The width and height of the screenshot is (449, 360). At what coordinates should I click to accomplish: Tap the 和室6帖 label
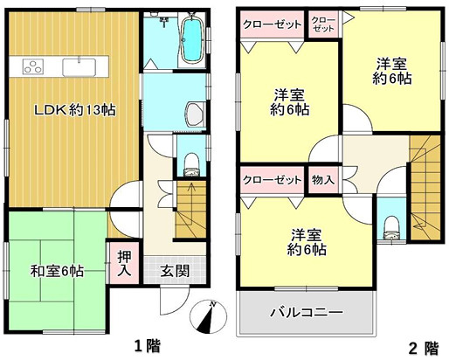(54, 271)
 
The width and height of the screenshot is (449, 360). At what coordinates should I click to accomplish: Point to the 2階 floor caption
(425, 347)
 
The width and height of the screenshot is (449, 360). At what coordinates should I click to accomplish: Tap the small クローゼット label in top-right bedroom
(323, 24)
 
